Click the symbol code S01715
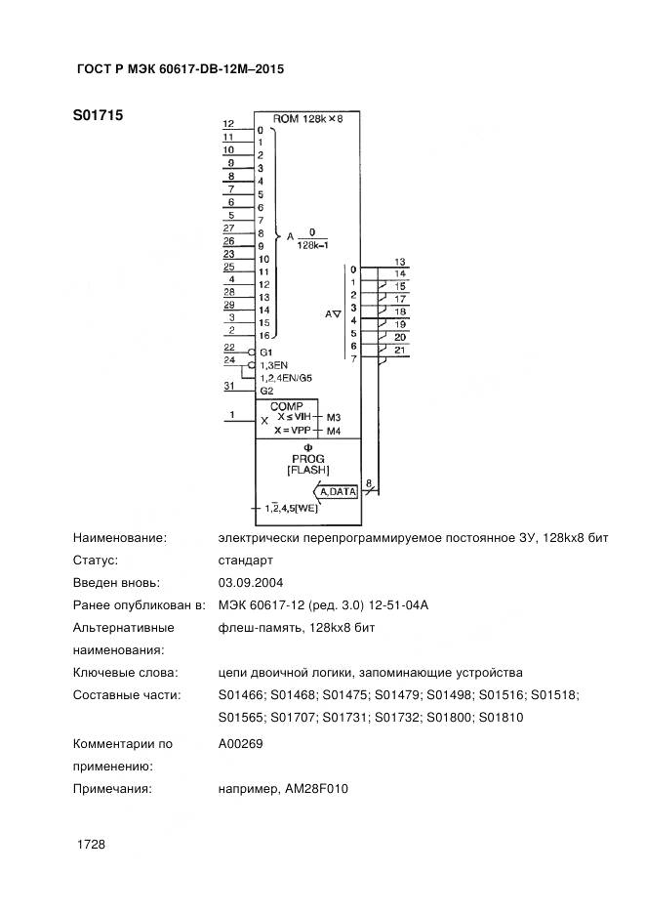point(98,114)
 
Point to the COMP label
point(287,405)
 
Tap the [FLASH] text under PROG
point(307,471)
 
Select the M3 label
point(333,417)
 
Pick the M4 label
point(333,430)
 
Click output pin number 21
point(400,350)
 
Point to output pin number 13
point(400,261)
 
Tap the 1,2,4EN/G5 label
point(286,377)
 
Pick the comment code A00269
point(240,743)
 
